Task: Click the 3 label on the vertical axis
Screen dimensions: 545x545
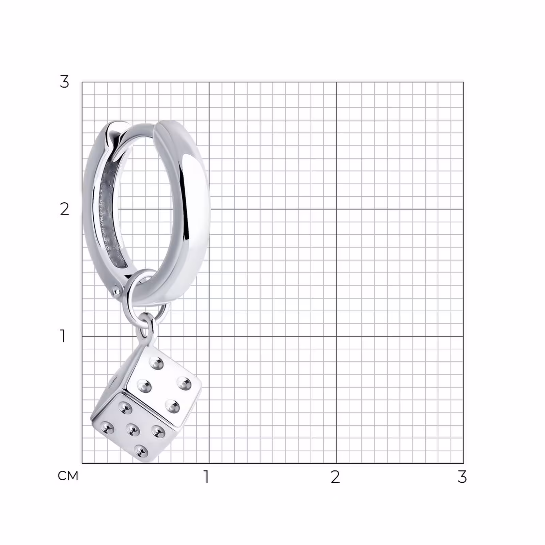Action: coord(64,82)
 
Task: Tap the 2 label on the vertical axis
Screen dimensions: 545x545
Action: coord(64,209)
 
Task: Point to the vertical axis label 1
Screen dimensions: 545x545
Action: coord(63,336)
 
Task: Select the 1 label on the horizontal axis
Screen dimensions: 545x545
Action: coord(206,477)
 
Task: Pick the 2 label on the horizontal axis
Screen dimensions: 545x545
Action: coord(335,477)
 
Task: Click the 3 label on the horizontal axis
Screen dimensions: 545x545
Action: coord(462,477)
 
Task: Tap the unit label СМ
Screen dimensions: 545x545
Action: coord(68,476)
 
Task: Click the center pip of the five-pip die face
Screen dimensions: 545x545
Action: coord(133,430)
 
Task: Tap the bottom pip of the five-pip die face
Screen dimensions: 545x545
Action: coord(141,451)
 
